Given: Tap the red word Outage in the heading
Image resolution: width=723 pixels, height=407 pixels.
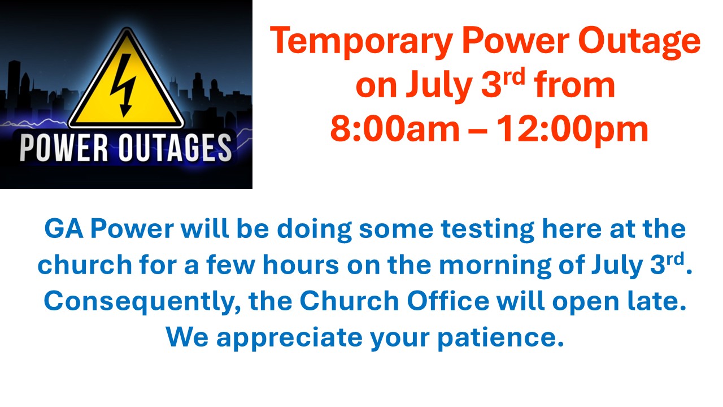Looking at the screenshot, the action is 639,42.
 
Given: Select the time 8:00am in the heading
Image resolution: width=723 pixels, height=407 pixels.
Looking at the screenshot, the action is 394,129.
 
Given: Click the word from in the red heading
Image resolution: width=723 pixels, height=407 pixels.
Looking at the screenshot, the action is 574,85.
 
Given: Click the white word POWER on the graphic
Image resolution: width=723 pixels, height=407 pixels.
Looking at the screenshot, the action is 64,148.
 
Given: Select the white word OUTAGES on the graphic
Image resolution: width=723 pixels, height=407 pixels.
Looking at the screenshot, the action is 176,148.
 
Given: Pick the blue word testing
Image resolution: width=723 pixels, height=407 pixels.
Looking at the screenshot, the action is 487,230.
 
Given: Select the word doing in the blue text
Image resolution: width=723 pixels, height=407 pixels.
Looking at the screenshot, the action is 314,230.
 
